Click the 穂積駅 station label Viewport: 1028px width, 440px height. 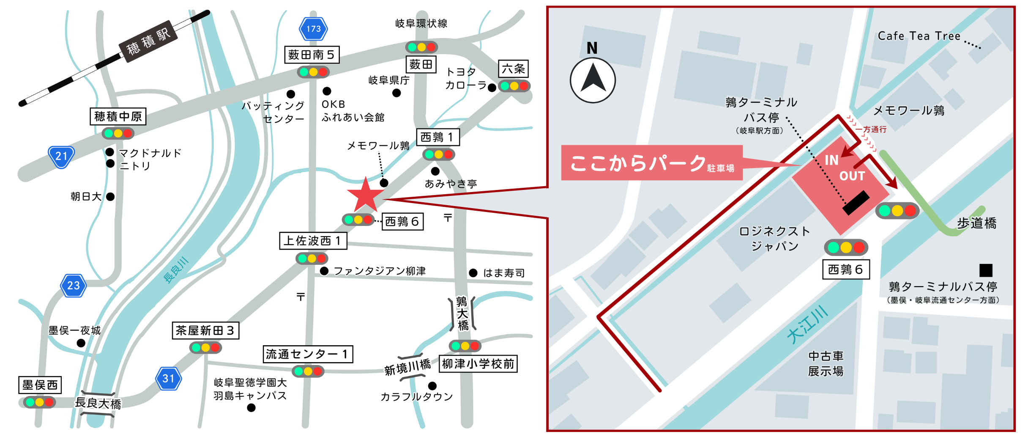[x=148, y=41]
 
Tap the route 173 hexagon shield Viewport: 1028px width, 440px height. [x=313, y=29]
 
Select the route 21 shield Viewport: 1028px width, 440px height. [x=61, y=157]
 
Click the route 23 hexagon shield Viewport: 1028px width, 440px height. [x=74, y=285]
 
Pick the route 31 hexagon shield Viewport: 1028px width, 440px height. [x=168, y=378]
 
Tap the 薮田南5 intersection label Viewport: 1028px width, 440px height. [x=312, y=55]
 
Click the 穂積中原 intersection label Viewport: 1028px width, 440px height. [x=118, y=116]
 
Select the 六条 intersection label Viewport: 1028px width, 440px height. [x=513, y=69]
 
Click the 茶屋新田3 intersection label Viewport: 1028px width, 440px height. [x=205, y=330]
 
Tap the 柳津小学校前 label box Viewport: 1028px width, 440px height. [x=478, y=364]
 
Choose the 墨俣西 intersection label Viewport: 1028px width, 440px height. [x=40, y=385]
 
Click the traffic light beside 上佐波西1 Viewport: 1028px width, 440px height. [x=312, y=258]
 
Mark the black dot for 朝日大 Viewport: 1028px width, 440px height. [x=110, y=197]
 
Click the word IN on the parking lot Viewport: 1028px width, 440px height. [x=831, y=160]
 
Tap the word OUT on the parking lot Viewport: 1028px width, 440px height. [x=852, y=176]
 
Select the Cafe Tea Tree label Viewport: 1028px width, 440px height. [x=919, y=36]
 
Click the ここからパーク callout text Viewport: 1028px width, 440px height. [x=638, y=163]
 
